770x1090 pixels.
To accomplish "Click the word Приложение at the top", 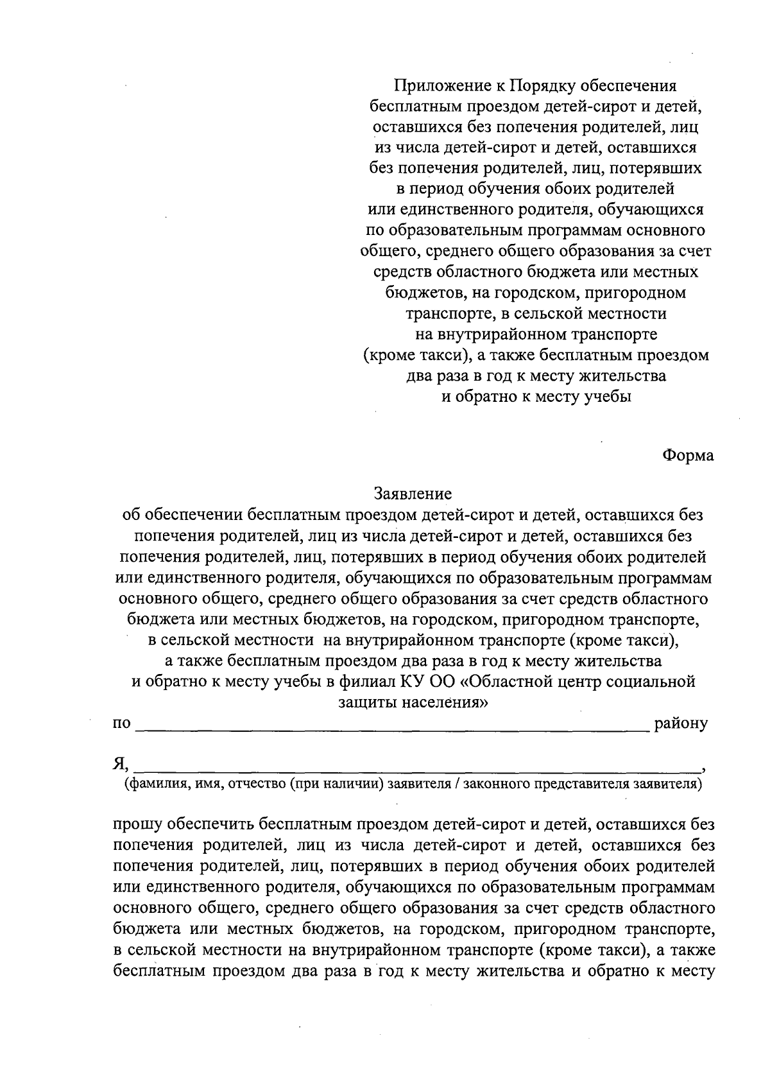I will [x=436, y=86].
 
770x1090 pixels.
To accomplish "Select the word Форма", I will [x=688, y=455].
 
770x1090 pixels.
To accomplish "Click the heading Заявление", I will [x=413, y=494].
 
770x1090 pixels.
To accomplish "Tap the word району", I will [x=681, y=724].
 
